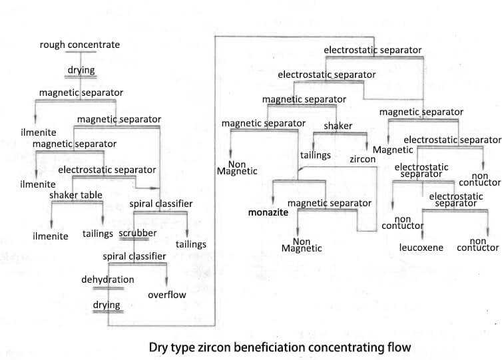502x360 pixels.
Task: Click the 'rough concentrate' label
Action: [80, 45]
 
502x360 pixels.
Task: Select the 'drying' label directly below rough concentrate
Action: [81, 70]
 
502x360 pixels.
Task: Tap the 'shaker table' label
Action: [77, 194]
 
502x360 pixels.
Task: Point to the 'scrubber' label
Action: [138, 234]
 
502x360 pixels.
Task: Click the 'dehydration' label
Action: [108, 279]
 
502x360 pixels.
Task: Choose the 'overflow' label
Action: [166, 294]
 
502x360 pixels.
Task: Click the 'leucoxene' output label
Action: [421, 248]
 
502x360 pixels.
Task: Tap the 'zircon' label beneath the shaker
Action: [363, 160]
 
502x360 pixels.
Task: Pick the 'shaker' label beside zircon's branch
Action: [338, 126]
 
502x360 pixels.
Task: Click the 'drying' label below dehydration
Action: [107, 305]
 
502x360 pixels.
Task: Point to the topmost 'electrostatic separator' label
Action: [372, 50]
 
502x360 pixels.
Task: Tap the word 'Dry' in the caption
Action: [160, 347]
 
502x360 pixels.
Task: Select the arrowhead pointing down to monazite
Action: [274, 200]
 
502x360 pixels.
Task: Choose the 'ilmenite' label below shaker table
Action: [51, 236]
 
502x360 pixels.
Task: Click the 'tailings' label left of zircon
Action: [316, 155]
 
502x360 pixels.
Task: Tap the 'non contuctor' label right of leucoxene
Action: [477, 244]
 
